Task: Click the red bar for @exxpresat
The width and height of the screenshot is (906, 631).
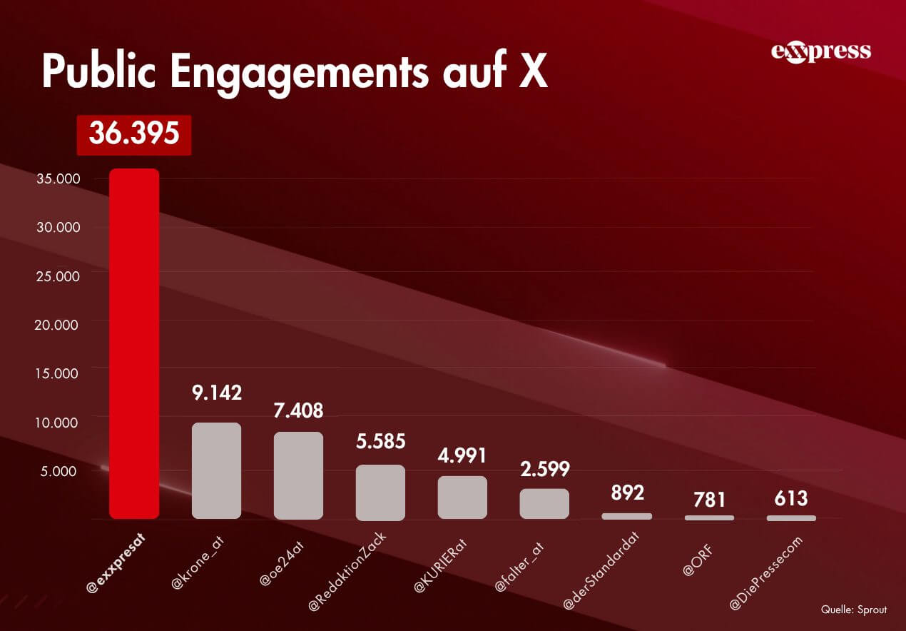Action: click(134, 343)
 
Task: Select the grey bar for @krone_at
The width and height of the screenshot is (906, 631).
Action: click(216, 470)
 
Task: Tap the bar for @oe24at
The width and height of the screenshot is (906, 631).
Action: click(298, 475)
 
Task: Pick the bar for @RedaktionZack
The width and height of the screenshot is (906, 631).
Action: click(380, 492)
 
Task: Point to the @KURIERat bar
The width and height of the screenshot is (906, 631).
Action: click(462, 497)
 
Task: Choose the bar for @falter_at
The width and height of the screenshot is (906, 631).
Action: click(544, 503)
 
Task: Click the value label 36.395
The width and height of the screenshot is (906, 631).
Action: click(134, 133)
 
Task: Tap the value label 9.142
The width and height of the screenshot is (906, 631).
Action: click(216, 392)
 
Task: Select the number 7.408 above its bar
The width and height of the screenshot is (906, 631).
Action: click(298, 410)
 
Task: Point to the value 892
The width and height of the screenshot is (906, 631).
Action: click(627, 493)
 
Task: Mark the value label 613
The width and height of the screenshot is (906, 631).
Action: click(791, 498)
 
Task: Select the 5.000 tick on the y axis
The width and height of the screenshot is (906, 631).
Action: click(63, 471)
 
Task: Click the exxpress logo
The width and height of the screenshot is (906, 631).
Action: click(820, 51)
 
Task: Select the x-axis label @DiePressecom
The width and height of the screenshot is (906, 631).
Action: click(768, 573)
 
